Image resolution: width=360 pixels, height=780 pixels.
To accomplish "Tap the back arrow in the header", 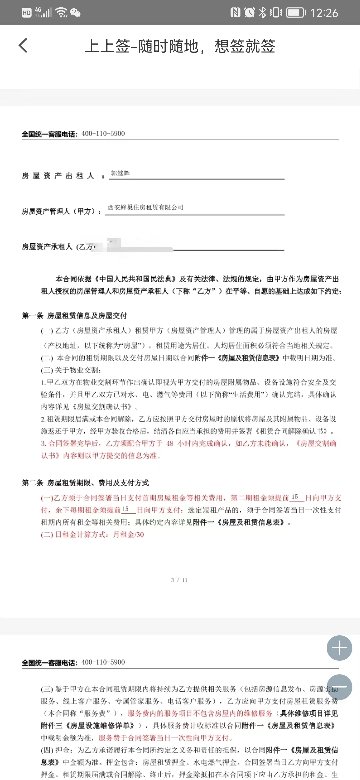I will click(x=23, y=46).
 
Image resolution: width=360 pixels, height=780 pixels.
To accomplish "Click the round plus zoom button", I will click(x=339, y=648).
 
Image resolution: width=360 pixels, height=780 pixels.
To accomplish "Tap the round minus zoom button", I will click(x=339, y=687).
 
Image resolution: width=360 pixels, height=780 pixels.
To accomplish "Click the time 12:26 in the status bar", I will click(x=324, y=13).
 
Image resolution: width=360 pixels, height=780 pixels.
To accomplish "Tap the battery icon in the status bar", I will click(x=296, y=13).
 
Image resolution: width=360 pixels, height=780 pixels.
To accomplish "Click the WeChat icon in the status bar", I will click(x=75, y=13).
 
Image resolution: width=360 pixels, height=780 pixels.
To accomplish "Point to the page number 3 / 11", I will click(x=179, y=580).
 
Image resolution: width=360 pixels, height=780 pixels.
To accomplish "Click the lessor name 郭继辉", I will click(x=120, y=173).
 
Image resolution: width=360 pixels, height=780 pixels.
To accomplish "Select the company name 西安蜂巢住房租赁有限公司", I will click(x=146, y=207).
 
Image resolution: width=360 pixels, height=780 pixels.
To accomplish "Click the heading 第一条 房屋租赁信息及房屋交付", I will click(x=74, y=315).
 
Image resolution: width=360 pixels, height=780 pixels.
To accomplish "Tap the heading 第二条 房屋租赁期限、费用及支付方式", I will click(x=85, y=483).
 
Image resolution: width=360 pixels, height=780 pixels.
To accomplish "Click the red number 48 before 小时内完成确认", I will click(x=170, y=443).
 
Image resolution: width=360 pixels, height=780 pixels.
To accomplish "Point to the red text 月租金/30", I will click(x=129, y=535).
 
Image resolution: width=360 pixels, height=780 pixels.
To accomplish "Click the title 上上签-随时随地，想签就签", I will click(x=180, y=46).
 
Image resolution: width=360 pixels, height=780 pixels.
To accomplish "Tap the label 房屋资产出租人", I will click(x=58, y=176).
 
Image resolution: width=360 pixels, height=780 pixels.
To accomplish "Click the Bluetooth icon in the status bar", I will click(x=263, y=13).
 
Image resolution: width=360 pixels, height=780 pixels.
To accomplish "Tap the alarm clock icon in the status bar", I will click(x=249, y=13).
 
